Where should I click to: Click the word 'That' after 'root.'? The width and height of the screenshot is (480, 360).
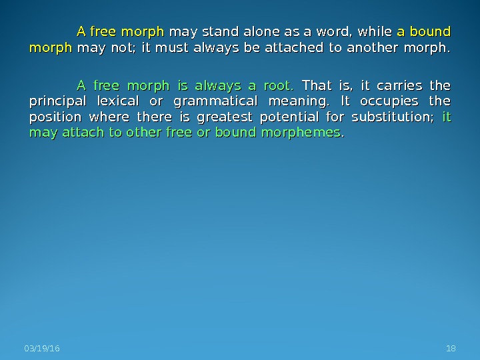tap(317, 85)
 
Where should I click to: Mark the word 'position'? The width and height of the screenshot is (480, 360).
tap(53, 118)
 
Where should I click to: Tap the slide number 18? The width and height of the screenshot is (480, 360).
tap(450, 350)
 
